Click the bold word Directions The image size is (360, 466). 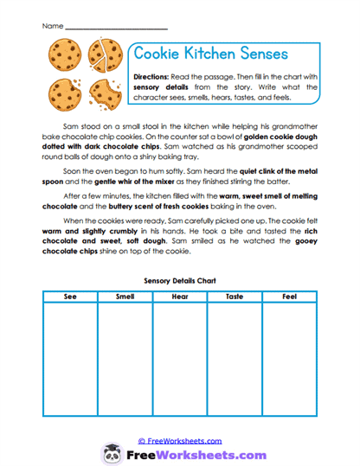[x=157, y=76]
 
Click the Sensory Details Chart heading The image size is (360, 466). [x=179, y=281]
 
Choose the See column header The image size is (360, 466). [x=70, y=297]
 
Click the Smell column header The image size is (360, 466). [x=125, y=297]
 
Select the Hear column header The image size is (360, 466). [x=179, y=297]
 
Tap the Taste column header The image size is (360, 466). [x=234, y=297]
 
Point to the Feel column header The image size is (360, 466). [x=289, y=297]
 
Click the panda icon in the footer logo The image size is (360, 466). [x=111, y=454]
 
